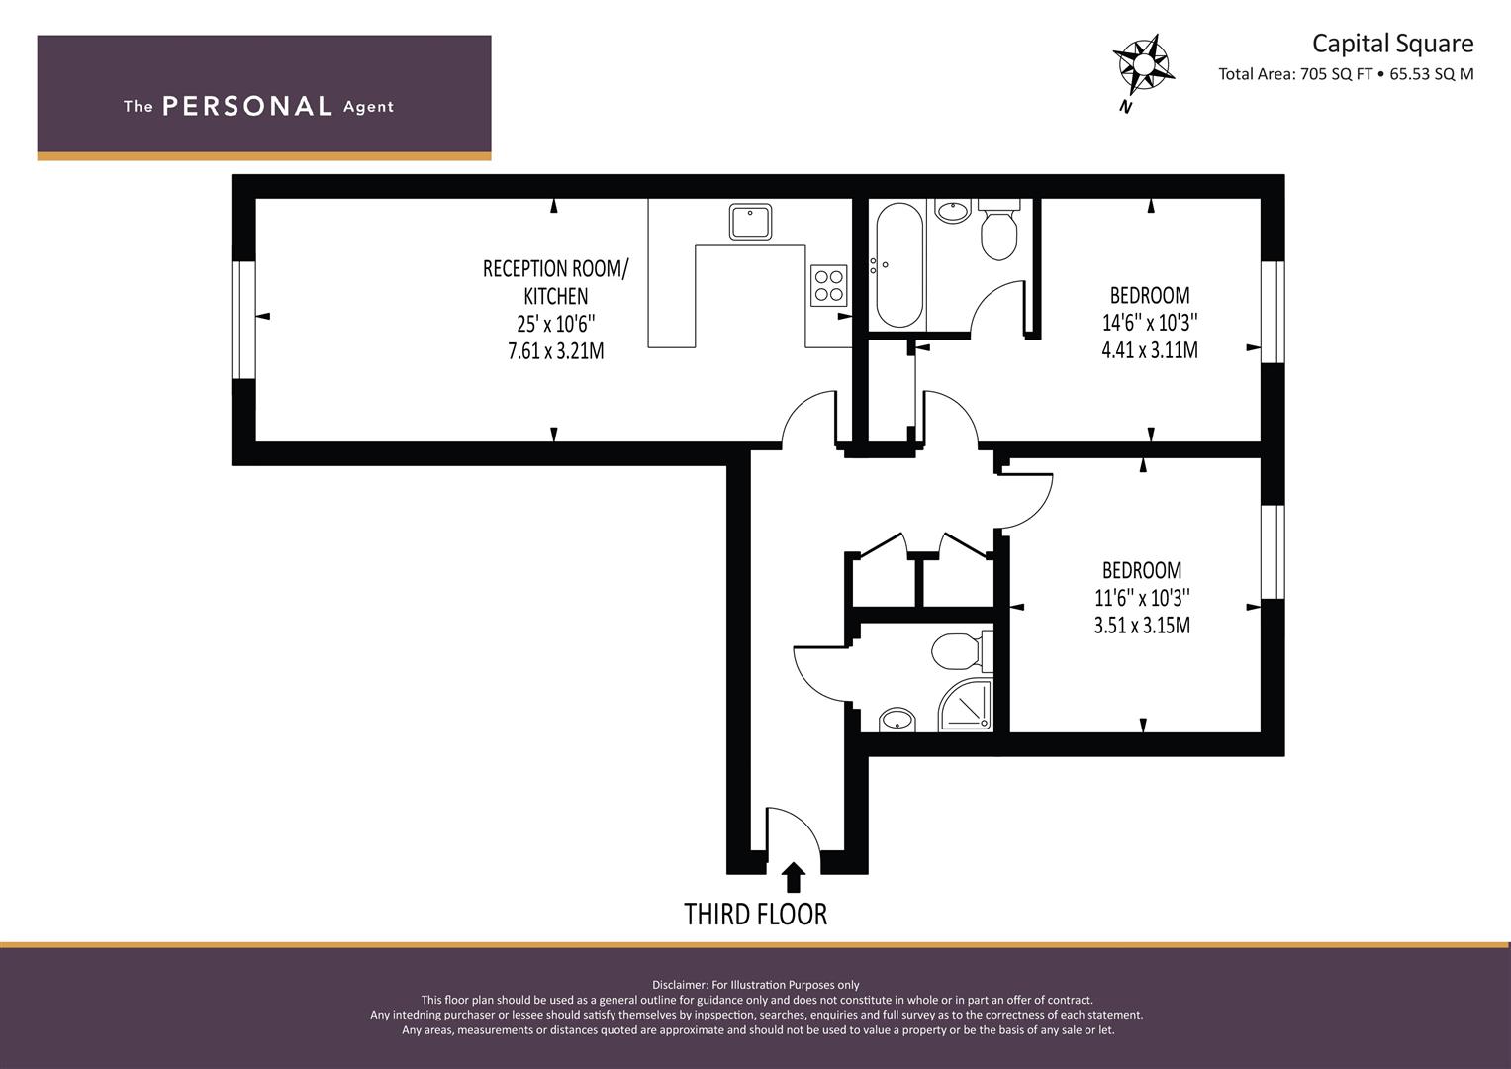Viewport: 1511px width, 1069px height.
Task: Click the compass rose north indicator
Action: [1143, 67]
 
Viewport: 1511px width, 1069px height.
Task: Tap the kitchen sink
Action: [750, 222]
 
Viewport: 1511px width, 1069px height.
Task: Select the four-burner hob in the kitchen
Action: [828, 285]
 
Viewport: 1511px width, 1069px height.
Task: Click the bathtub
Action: [899, 264]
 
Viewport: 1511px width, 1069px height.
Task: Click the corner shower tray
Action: [966, 705]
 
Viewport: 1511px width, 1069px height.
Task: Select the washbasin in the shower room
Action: [897, 720]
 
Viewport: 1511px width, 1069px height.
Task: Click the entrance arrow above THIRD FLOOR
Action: [794, 877]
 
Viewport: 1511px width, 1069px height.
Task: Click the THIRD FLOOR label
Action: [756, 915]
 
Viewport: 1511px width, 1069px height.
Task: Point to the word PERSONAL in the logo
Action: [247, 106]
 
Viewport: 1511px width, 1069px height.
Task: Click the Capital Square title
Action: [1392, 44]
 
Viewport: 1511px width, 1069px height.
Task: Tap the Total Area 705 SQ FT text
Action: [1295, 74]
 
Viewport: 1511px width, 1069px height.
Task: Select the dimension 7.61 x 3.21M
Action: [556, 351]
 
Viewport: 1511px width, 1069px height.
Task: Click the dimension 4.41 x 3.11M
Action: [1150, 350]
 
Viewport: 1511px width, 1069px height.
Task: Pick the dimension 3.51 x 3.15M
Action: [1142, 625]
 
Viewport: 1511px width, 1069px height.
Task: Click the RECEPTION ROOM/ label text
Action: [555, 268]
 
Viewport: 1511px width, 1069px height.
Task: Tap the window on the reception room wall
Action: [243, 320]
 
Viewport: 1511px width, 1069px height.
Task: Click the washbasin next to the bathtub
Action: [953, 210]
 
